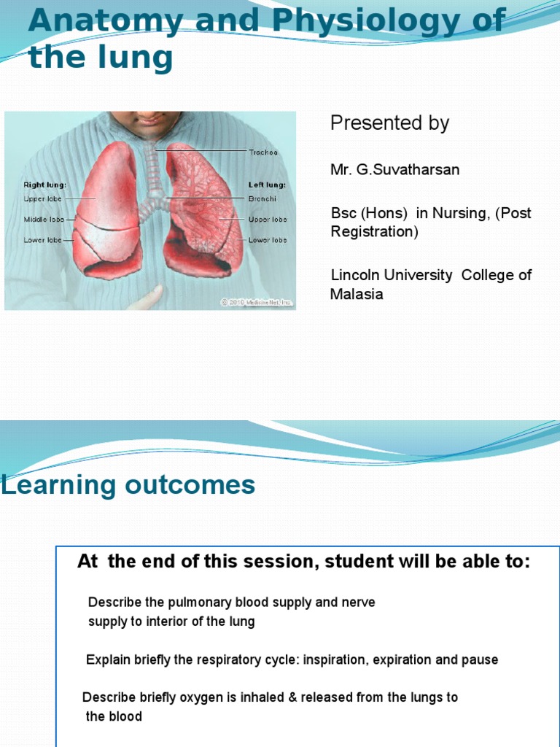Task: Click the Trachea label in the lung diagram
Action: pyautogui.click(x=263, y=152)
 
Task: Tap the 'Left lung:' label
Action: pyautogui.click(x=267, y=185)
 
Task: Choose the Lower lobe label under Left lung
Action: pyautogui.click(x=268, y=240)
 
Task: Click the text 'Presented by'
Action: pyautogui.click(x=389, y=123)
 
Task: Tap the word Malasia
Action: pyautogui.click(x=357, y=294)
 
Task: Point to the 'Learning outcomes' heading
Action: pyautogui.click(x=128, y=484)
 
